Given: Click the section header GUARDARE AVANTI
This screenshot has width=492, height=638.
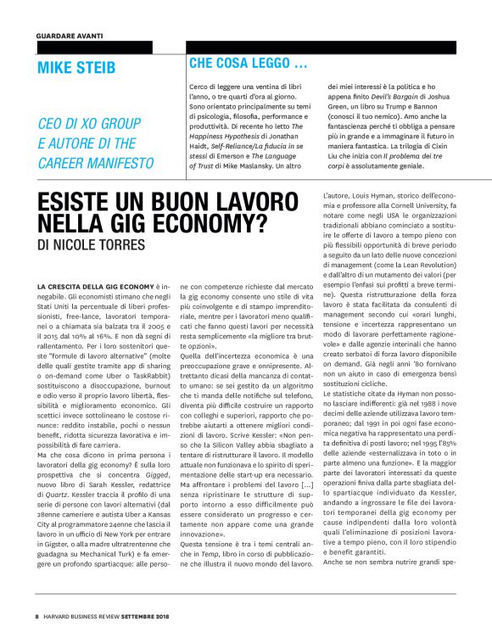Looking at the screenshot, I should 69,36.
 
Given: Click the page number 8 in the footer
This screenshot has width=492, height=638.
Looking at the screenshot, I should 37,615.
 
